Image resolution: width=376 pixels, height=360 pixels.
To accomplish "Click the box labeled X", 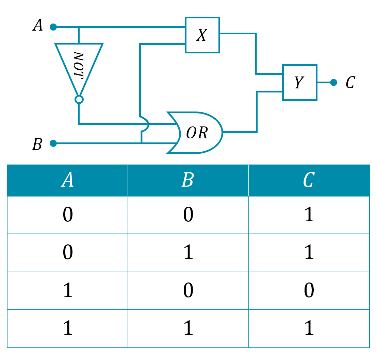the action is [x=202, y=35].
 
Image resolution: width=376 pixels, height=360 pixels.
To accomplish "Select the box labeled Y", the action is [x=300, y=82].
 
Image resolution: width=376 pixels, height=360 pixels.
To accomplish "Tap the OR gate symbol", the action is [x=195, y=133].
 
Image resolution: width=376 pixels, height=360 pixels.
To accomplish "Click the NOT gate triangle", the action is [x=79, y=69].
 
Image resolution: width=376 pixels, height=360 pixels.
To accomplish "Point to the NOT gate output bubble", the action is [x=79, y=99].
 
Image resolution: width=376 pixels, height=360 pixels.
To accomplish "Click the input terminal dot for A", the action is [x=53, y=27].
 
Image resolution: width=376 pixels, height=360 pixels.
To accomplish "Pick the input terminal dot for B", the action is [x=53, y=143].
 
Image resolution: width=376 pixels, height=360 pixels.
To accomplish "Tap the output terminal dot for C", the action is [x=333, y=82].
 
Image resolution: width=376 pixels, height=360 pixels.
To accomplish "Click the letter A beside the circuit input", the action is [x=38, y=25].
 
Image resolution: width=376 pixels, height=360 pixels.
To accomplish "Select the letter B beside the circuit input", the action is [x=37, y=144].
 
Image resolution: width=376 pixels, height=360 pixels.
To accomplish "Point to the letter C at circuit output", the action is [x=350, y=82].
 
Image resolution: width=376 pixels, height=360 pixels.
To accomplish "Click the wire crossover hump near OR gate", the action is [x=145, y=124].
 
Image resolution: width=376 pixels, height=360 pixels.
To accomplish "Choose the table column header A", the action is [x=67, y=179].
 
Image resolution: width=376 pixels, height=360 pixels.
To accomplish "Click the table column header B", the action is [x=188, y=179].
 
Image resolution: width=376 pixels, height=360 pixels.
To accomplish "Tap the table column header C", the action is [x=309, y=179].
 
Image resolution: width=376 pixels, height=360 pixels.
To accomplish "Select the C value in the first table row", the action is [x=309, y=215].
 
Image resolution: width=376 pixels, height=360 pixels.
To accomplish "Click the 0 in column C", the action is [x=309, y=290].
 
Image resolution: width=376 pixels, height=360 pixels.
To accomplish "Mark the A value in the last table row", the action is [x=68, y=328].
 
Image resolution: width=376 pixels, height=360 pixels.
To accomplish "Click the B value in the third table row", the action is [x=188, y=290].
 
